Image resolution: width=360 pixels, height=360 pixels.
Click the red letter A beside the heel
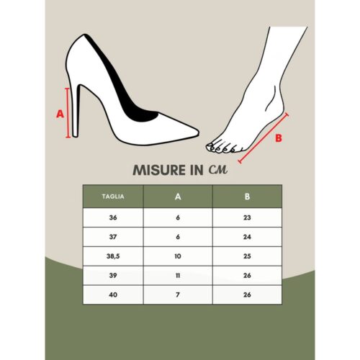60,113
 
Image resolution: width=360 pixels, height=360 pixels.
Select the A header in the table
178,195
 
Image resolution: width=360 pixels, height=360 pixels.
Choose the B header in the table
246,195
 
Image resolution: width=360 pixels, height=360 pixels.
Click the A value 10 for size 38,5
178,256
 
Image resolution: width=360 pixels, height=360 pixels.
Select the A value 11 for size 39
178,276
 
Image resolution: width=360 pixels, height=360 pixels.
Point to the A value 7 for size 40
178,295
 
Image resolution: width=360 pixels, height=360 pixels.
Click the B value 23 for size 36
246,217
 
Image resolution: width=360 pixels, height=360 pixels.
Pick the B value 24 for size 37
246,237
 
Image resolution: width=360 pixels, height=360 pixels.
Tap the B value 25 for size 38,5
246,256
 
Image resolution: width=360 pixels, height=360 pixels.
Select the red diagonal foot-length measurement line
264,137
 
